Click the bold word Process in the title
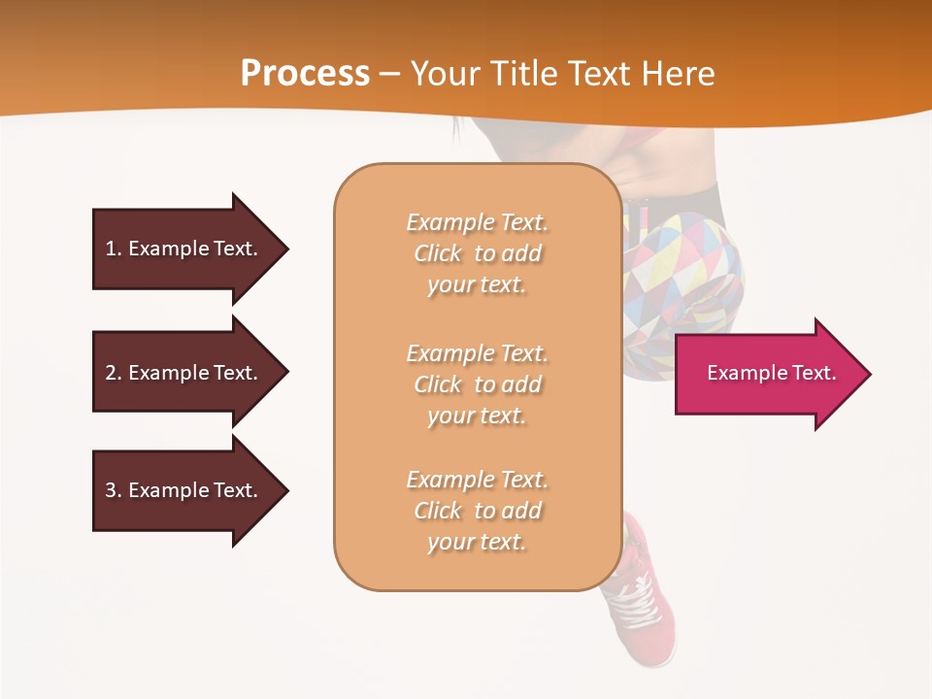point(305,74)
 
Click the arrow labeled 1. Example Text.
point(189,249)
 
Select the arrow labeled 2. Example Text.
point(189,373)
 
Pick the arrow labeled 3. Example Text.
point(189,490)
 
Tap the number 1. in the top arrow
point(113,249)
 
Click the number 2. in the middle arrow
point(113,373)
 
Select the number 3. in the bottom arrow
point(113,490)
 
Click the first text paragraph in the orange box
point(478,253)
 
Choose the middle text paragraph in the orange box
point(478,384)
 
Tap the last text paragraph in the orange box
point(478,511)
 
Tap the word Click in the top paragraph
point(438,253)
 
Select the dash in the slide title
point(390,74)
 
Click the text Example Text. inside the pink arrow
point(772,373)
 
